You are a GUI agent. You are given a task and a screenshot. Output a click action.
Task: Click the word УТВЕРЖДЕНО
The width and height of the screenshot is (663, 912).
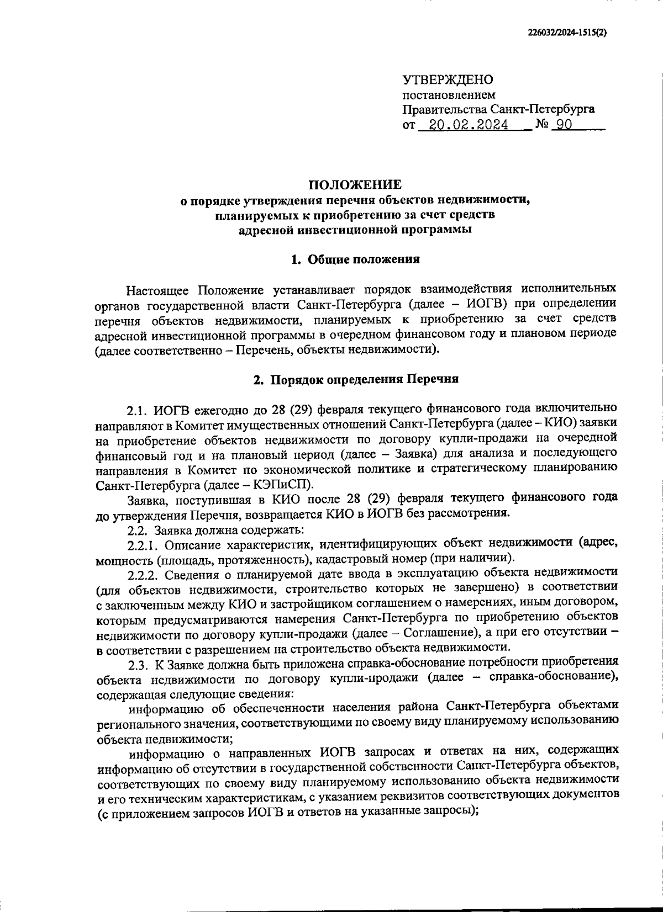pos(448,80)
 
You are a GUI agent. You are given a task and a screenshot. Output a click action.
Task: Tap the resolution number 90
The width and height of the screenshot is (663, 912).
pos(564,125)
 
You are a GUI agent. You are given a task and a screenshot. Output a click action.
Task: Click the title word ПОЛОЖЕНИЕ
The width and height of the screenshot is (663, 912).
pos(355,184)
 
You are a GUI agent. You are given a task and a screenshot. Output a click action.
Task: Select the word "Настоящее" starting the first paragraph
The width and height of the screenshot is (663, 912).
pos(158,289)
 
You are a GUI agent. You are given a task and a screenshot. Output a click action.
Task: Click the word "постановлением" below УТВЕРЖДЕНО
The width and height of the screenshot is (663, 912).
pos(449,95)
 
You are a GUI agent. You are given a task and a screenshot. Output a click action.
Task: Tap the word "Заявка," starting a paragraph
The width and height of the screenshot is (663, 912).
pos(144,499)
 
